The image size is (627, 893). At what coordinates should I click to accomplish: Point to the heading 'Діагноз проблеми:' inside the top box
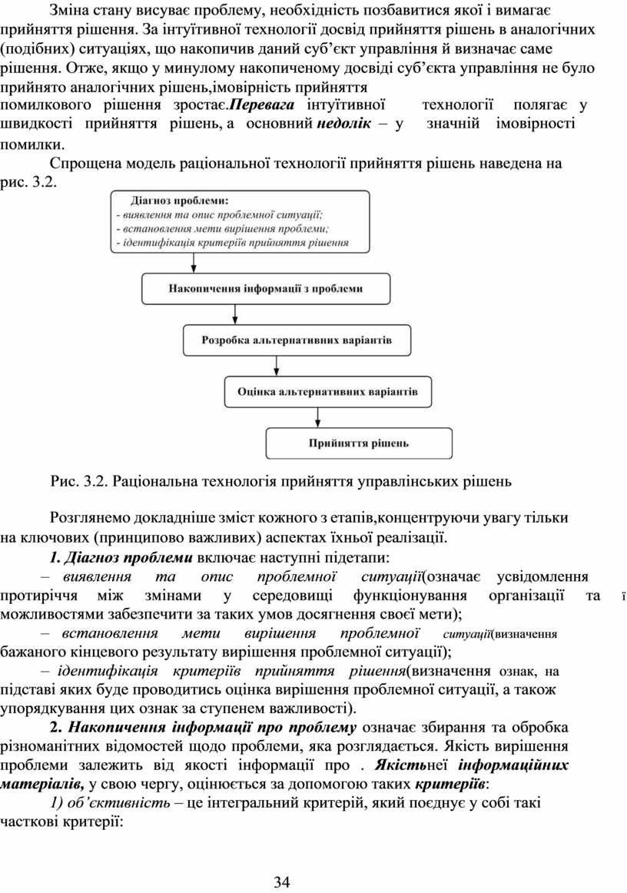[x=174, y=201]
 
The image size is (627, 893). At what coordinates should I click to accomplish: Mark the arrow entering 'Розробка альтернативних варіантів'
[x=234, y=314]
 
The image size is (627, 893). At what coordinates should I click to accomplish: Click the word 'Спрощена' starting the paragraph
[x=82, y=163]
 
